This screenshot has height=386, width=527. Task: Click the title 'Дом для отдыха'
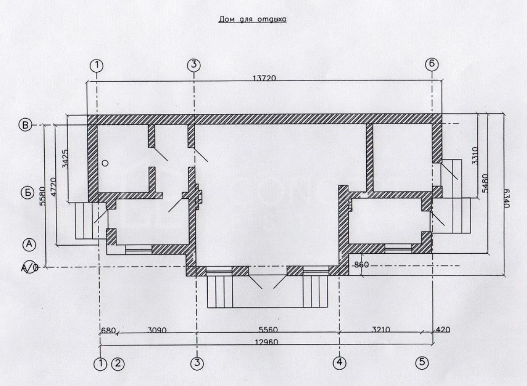[x=253, y=19]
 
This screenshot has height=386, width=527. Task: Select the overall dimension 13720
[x=264, y=78]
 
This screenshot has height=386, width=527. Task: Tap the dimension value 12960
[x=267, y=342]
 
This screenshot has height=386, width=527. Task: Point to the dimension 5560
[x=268, y=330]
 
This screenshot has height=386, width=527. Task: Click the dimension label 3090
[x=157, y=330]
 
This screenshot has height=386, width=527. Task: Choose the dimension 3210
[x=380, y=329]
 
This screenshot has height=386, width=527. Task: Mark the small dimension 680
[x=108, y=331]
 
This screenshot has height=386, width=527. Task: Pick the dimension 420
[x=443, y=329]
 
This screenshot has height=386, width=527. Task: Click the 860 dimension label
[x=361, y=265]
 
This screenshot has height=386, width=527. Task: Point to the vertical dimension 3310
[x=475, y=156]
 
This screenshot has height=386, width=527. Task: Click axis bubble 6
[x=432, y=65]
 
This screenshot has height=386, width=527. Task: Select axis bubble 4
[x=340, y=363]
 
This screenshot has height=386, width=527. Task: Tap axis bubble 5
[x=422, y=362]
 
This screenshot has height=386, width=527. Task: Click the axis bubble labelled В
[x=25, y=125]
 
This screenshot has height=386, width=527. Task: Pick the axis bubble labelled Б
[x=28, y=193]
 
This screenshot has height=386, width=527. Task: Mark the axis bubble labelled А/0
[x=30, y=267]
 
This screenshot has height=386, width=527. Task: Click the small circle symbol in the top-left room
[x=105, y=163]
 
